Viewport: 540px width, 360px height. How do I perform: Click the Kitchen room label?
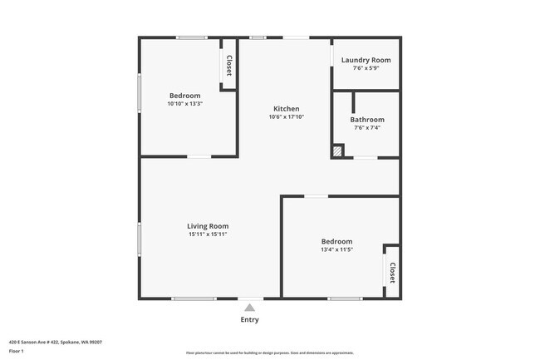click(x=287, y=109)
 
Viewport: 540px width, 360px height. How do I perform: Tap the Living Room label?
click(x=208, y=226)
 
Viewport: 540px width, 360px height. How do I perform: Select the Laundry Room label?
click(x=366, y=60)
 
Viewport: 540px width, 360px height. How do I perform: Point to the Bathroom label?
click(x=366, y=120)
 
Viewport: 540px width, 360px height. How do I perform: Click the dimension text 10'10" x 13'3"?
click(x=185, y=104)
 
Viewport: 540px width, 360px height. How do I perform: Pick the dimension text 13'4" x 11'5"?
click(x=337, y=249)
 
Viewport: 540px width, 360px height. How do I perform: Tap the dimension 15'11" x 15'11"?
click(x=208, y=234)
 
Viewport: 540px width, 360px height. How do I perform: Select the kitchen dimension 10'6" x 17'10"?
click(x=287, y=117)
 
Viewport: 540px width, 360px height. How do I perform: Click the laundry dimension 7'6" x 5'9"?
click(x=366, y=68)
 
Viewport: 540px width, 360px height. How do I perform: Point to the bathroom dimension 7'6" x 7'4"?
click(x=366, y=128)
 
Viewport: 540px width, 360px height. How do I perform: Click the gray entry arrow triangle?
click(x=249, y=308)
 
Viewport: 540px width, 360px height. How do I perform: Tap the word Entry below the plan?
click(x=249, y=320)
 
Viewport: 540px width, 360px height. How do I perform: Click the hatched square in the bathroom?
click(x=337, y=151)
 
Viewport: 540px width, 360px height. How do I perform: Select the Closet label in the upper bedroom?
click(x=228, y=67)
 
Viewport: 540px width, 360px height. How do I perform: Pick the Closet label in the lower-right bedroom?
click(x=391, y=273)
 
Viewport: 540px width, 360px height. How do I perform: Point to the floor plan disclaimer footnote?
click(x=270, y=353)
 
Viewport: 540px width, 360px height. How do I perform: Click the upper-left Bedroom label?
click(x=185, y=96)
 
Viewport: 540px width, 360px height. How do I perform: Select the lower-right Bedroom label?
click(x=337, y=241)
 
